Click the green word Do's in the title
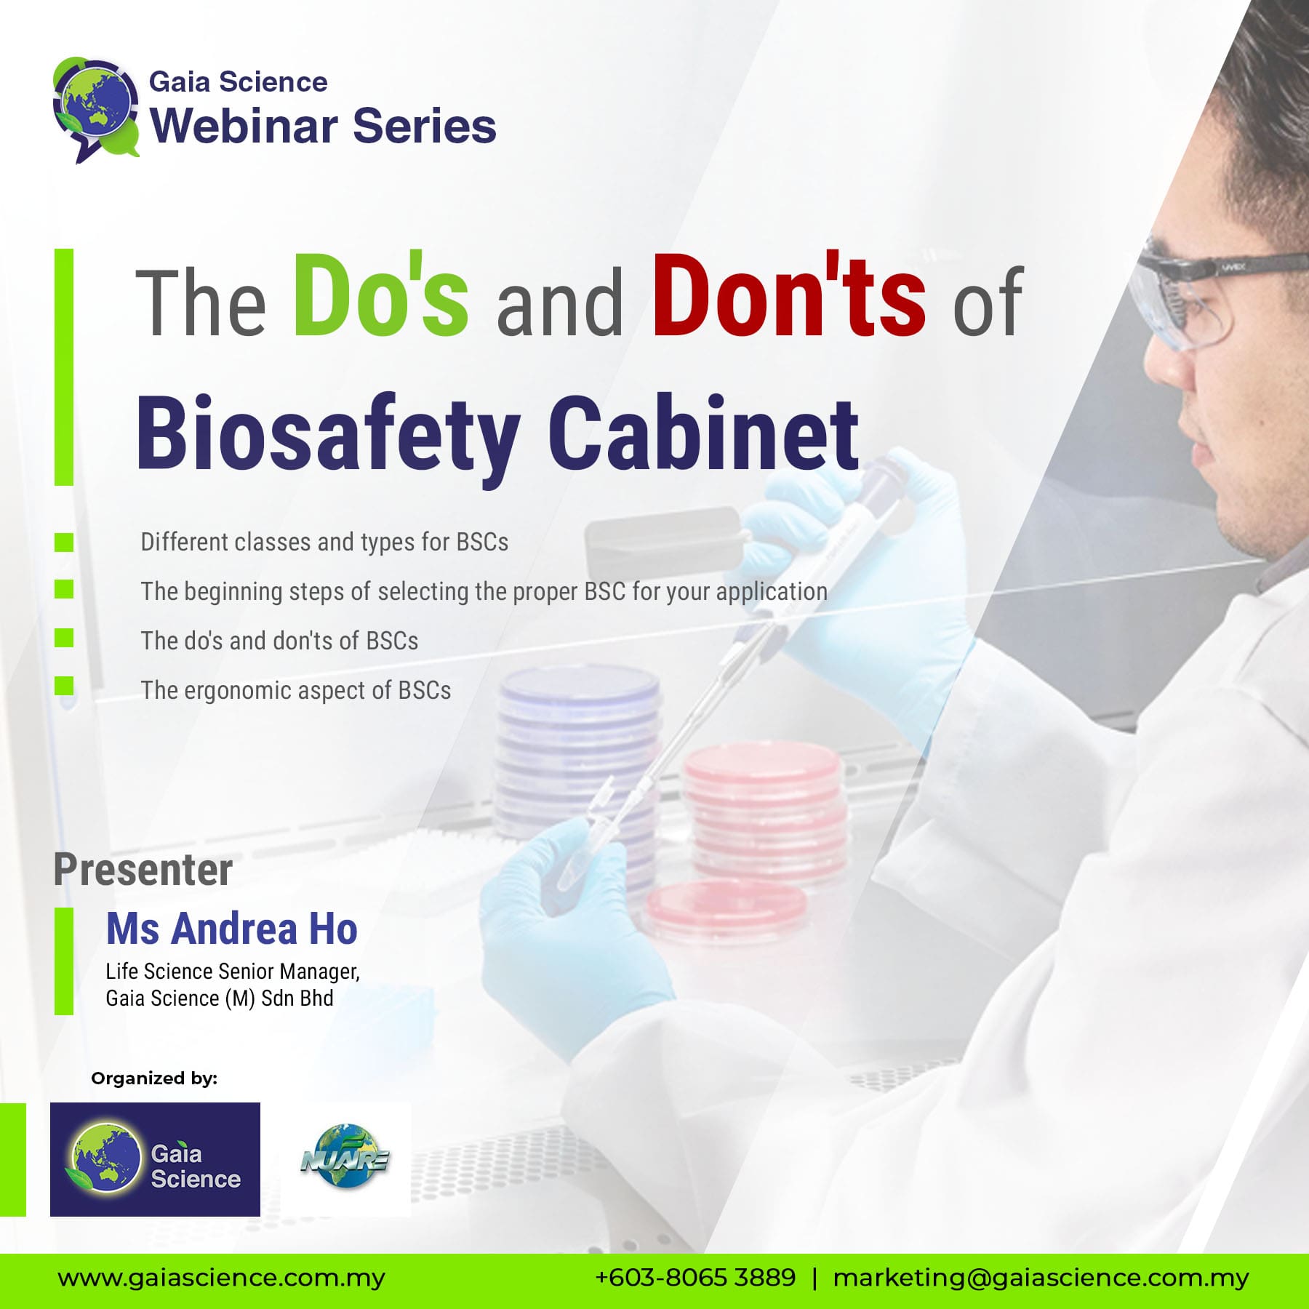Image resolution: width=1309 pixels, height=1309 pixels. tap(380, 295)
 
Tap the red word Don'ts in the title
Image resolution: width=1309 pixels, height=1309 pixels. tap(789, 295)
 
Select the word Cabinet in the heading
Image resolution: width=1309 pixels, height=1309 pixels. tap(703, 433)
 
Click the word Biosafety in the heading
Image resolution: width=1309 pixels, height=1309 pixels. tap(328, 439)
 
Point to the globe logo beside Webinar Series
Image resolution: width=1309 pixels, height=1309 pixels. tap(96, 109)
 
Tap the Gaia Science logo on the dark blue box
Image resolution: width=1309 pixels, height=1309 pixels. tap(155, 1159)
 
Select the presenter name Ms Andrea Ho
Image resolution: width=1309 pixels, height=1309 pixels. tap(232, 929)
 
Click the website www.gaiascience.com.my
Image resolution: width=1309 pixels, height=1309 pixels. tap(222, 1278)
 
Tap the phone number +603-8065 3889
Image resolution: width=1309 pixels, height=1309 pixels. tap(696, 1277)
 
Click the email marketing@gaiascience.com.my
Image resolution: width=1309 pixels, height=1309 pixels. tap(1041, 1278)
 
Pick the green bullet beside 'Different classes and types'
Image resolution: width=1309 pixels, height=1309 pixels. tap(64, 542)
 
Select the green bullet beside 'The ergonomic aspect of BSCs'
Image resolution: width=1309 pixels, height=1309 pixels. tap(64, 686)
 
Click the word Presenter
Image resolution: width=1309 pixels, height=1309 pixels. tap(143, 870)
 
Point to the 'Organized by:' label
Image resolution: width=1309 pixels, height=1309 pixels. tap(154, 1078)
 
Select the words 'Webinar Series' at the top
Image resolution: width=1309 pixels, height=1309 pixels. tap(324, 126)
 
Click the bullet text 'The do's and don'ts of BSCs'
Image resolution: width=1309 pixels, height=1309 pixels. tap(280, 641)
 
